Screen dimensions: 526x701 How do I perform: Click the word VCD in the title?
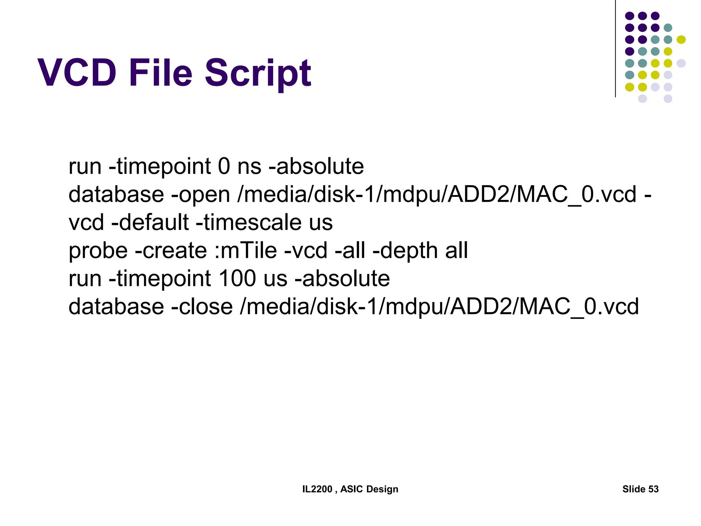pos(77,73)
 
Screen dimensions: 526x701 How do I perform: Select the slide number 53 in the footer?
pos(653,489)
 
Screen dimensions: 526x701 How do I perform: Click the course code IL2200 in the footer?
pos(317,489)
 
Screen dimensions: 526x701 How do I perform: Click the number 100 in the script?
pos(237,278)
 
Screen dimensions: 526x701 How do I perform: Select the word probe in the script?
pos(98,251)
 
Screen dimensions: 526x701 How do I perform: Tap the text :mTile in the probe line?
pos(245,250)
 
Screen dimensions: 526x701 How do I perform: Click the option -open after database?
pos(200,195)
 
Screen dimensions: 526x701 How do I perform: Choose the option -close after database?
pos(202,306)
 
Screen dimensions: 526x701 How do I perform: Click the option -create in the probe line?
pos(171,250)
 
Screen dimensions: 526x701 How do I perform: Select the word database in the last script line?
pos(116,306)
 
